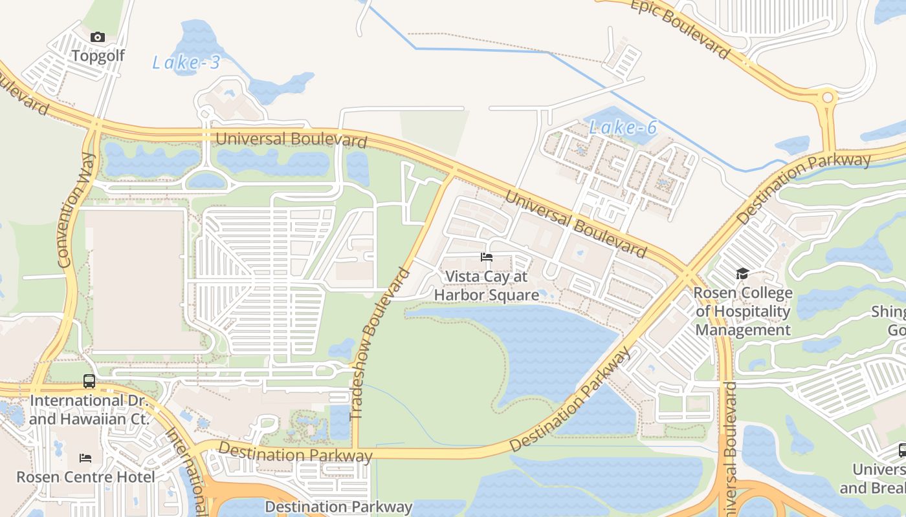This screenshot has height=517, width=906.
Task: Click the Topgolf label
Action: click(98, 56)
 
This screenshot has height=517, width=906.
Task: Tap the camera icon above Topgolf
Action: click(98, 37)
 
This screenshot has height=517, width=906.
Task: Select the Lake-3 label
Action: click(186, 63)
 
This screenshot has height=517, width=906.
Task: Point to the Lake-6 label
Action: click(623, 128)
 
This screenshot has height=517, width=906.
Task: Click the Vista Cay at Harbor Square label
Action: click(487, 286)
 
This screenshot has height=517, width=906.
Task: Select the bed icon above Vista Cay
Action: click(487, 257)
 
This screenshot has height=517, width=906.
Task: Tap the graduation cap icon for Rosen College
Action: click(742, 274)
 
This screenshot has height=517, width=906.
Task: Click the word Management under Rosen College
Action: click(743, 330)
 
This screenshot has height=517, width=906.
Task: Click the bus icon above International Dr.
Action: click(89, 381)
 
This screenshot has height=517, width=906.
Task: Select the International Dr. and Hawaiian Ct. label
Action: click(89, 410)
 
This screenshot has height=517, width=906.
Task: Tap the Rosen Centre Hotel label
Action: click(85, 477)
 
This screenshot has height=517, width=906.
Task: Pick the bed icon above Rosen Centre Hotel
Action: click(85, 458)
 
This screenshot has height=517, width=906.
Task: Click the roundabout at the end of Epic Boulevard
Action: click(827, 98)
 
